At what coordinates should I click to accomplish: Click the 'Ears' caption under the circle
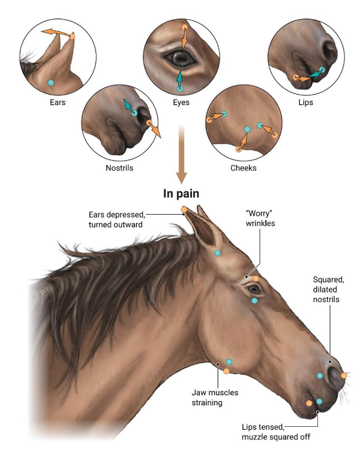(x=58, y=103)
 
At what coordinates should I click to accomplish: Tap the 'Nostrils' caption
(x=119, y=168)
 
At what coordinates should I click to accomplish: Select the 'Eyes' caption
(x=181, y=103)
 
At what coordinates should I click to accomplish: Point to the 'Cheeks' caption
(x=243, y=168)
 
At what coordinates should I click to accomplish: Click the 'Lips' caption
(x=306, y=103)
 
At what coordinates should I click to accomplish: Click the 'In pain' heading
(x=181, y=194)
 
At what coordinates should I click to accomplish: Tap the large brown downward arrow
(x=181, y=155)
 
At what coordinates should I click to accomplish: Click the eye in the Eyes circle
(x=181, y=58)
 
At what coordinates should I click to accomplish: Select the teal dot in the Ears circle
(x=51, y=83)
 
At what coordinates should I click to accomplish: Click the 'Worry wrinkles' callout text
(x=260, y=218)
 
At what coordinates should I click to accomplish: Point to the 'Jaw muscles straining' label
(x=215, y=397)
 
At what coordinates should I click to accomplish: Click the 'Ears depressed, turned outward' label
(x=117, y=219)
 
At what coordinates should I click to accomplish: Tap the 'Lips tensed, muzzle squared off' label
(x=276, y=432)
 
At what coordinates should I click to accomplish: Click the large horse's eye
(x=254, y=290)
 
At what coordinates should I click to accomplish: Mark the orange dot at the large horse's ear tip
(x=184, y=209)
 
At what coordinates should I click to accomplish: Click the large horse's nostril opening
(x=333, y=375)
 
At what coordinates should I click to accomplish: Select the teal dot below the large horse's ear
(x=217, y=253)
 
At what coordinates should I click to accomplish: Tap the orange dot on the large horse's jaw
(x=226, y=371)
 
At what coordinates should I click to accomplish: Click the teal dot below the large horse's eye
(x=254, y=300)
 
